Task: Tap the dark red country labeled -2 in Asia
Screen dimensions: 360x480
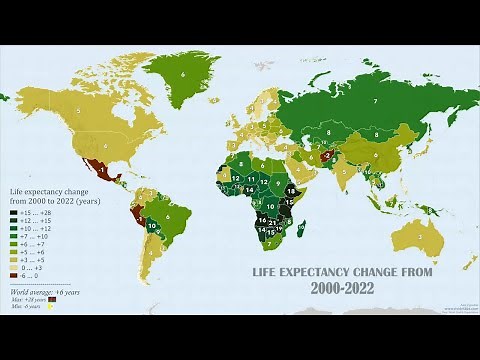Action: tap(326, 155)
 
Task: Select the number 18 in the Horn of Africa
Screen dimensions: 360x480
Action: tap(290, 189)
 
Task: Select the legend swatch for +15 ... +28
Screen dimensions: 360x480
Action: tap(13, 212)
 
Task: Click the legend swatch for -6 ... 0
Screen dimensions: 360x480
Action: tap(13, 275)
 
